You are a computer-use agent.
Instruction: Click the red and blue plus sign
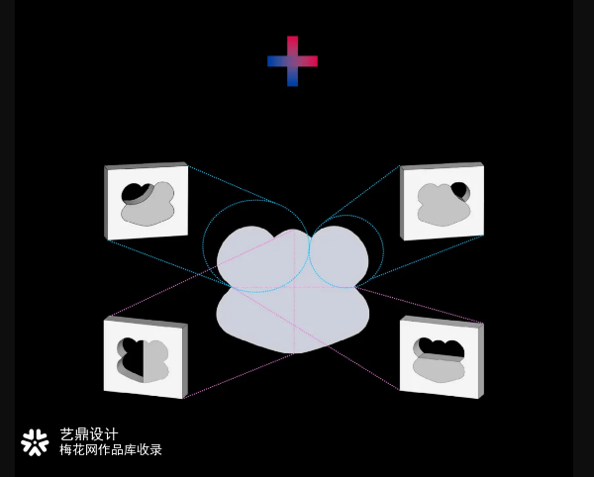(x=292, y=61)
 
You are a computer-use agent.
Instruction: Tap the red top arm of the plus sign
(x=292, y=46)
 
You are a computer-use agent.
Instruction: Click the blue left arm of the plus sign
(x=277, y=61)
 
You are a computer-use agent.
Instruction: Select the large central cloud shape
(x=293, y=290)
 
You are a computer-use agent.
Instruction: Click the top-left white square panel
(x=147, y=202)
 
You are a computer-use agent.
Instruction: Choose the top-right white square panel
(x=443, y=202)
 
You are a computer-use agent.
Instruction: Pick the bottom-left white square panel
(x=146, y=357)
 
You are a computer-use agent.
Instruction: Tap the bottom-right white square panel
(x=442, y=357)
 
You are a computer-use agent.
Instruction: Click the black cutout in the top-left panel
(x=134, y=193)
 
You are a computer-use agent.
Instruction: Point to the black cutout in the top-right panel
(x=460, y=189)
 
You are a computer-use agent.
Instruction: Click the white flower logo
(x=35, y=442)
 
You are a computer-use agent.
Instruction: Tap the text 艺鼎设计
(x=89, y=434)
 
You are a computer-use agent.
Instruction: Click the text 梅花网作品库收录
(x=111, y=449)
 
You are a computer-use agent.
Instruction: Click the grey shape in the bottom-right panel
(x=440, y=369)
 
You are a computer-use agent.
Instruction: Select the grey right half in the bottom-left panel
(x=156, y=360)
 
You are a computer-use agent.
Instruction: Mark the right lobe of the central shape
(x=339, y=257)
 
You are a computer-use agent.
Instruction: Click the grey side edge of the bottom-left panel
(x=185, y=361)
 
